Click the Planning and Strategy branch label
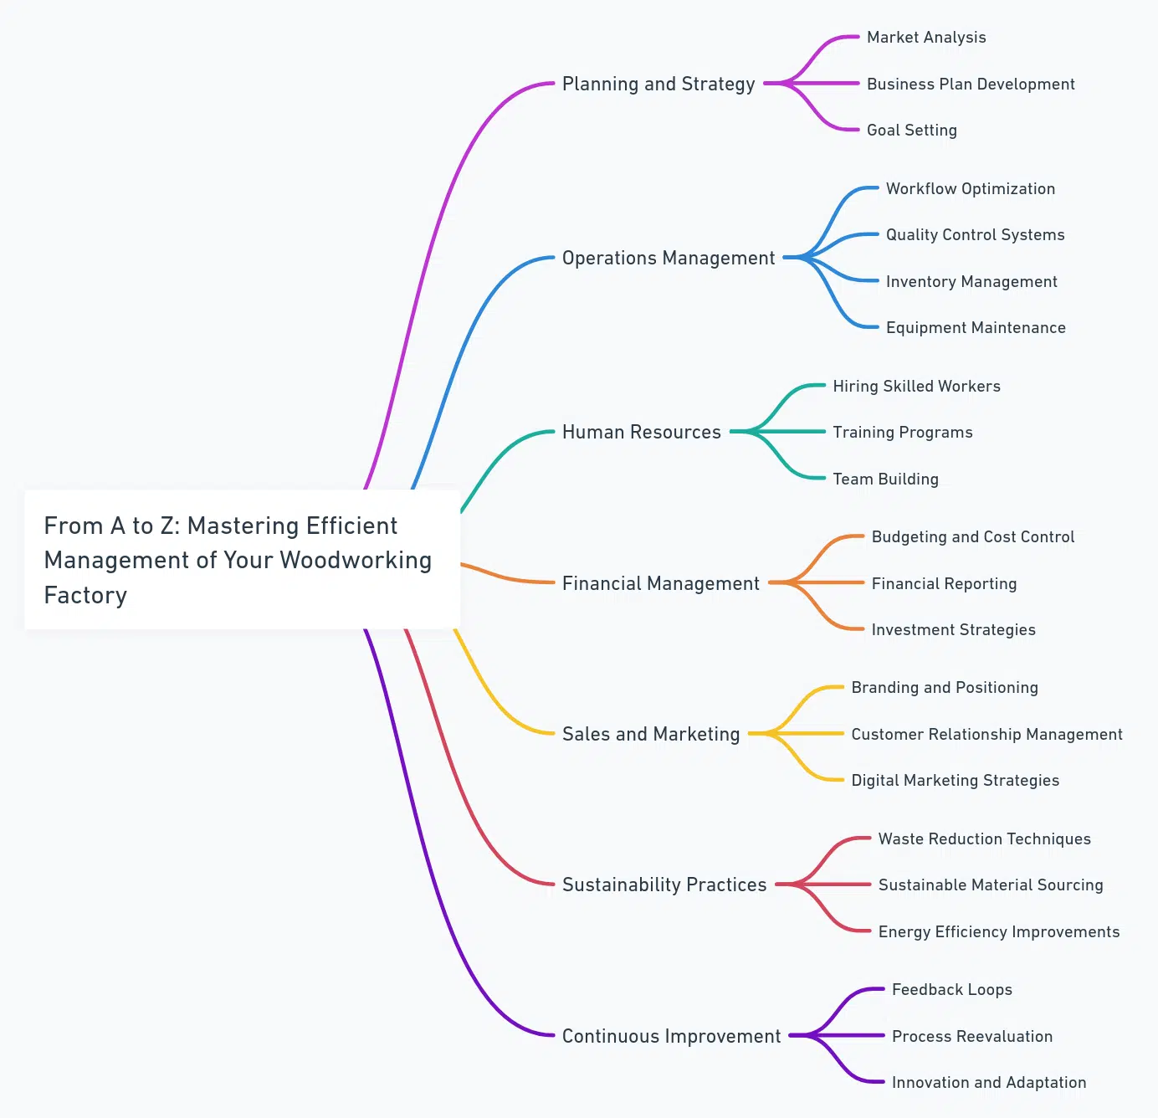658,84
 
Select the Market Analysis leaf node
926,38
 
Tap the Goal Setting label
911,131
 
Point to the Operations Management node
669,258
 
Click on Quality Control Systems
975,235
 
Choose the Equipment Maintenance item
976,328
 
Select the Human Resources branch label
641,432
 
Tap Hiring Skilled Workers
916,386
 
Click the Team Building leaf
885,479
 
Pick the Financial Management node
660,583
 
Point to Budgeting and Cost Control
972,537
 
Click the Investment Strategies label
953,630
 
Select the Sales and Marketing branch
651,734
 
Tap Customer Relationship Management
986,735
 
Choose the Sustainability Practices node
664,885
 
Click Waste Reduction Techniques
984,839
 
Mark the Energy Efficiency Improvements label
998,932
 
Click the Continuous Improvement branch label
671,1036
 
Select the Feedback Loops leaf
951,990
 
